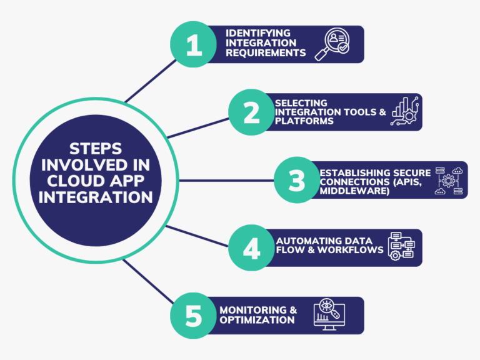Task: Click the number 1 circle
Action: [x=194, y=45]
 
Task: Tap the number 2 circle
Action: [x=251, y=112]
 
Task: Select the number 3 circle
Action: [x=297, y=180]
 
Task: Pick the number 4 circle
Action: [x=251, y=247]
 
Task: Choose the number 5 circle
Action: [x=194, y=315]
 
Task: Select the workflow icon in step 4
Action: [x=400, y=247]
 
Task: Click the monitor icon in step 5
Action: [x=329, y=315]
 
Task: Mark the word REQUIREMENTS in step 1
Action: [x=266, y=53]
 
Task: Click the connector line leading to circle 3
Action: [x=225, y=180]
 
